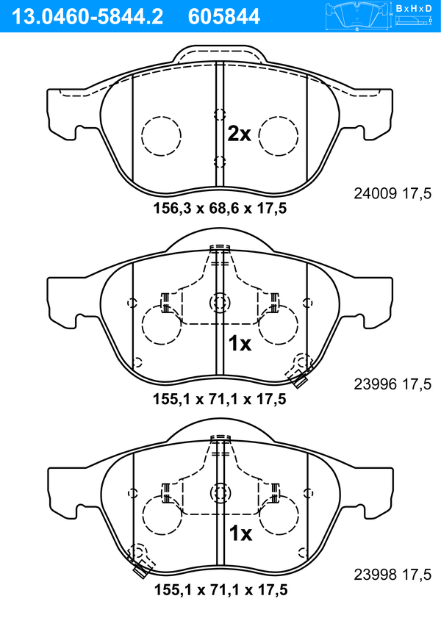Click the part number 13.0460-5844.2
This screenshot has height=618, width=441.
pyautogui.click(x=87, y=17)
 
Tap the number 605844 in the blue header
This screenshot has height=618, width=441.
pyautogui.click(x=224, y=17)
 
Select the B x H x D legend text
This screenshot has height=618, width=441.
pyautogui.click(x=414, y=8)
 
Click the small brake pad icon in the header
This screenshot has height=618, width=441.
pyautogui.click(x=356, y=15)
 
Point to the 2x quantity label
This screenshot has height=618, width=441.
pyautogui.click(x=239, y=134)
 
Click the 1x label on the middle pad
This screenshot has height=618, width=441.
pyautogui.click(x=240, y=344)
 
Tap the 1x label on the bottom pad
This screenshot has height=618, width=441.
pyautogui.click(x=240, y=533)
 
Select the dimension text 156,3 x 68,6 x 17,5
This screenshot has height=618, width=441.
pyautogui.click(x=220, y=209)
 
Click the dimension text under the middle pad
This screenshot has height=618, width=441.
pyautogui.click(x=220, y=399)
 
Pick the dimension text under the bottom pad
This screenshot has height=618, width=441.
pyautogui.click(x=220, y=590)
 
